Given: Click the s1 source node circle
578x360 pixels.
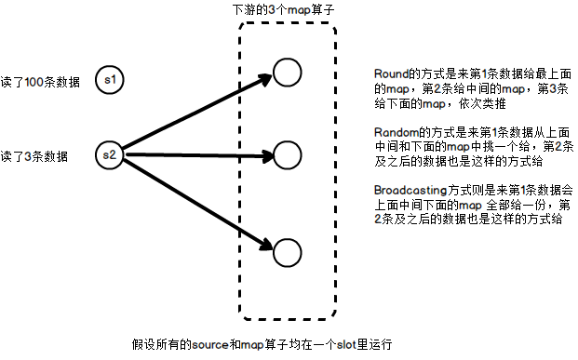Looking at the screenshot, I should point(110,80).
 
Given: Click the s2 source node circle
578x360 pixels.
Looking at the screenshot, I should point(110,154).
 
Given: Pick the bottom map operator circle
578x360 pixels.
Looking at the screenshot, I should point(287,249).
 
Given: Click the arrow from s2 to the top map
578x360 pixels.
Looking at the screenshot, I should point(195,114).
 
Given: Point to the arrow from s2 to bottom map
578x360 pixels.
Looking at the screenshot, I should point(195,199).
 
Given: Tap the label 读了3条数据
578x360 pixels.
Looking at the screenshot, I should point(34,155).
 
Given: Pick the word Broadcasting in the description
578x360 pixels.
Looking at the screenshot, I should point(406,190).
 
